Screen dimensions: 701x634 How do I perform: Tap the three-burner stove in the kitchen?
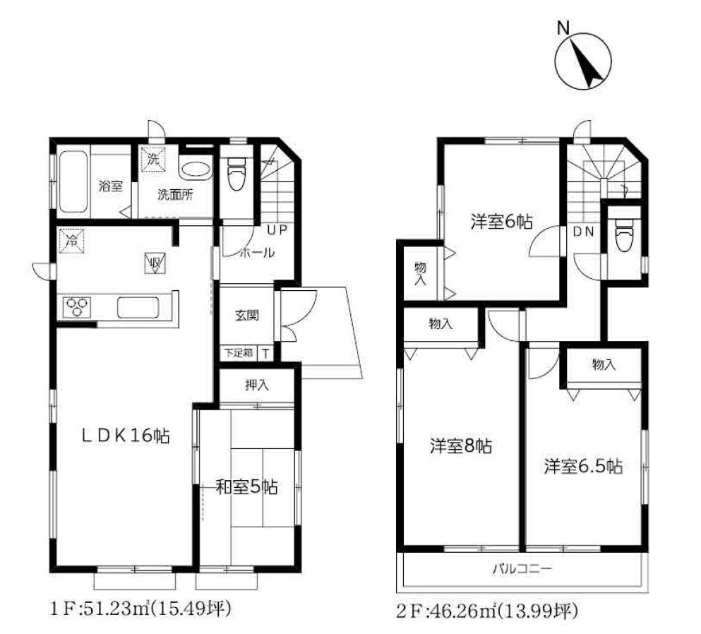click(x=77, y=308)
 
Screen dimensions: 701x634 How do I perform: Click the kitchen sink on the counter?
click(x=138, y=308)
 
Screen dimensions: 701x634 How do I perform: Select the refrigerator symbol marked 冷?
click(x=71, y=241)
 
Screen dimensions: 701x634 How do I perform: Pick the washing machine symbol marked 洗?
click(x=153, y=159)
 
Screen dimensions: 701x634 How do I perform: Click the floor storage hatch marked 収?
click(x=155, y=263)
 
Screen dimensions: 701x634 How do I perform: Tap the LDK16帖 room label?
click(x=125, y=435)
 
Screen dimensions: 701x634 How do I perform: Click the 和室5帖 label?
click(x=246, y=486)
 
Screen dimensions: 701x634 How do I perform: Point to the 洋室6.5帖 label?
click(x=583, y=467)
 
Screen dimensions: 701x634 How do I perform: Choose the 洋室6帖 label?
click(x=501, y=221)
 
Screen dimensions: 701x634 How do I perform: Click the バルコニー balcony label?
click(x=522, y=569)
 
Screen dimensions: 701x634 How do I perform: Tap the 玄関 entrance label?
click(x=246, y=316)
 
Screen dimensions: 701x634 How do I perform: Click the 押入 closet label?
click(x=257, y=385)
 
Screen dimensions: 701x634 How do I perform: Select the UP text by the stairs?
click(x=277, y=230)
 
